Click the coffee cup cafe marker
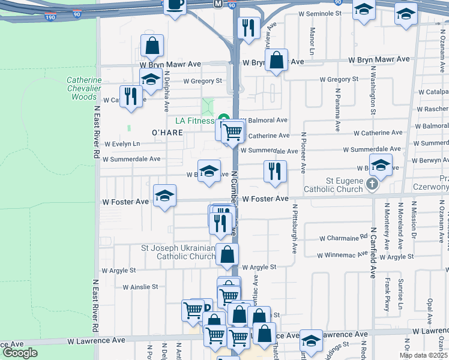pyautogui.click(x=175, y=5)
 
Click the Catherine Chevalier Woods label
pyautogui.click(x=84, y=88)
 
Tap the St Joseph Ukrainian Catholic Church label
pyautogui.click(x=186, y=252)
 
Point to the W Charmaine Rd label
pyautogui.click(x=339, y=238)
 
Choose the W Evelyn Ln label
pyautogui.click(x=122, y=144)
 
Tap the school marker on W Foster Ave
pyautogui.click(x=164, y=196)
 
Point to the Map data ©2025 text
pyautogui.click(x=423, y=355)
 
